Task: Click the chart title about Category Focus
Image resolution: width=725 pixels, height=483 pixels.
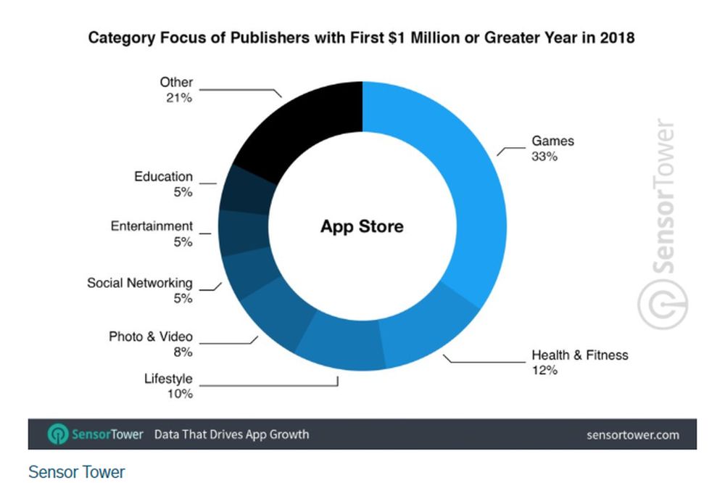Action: [x=361, y=37]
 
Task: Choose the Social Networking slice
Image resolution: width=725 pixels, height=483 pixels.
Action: [x=246, y=276]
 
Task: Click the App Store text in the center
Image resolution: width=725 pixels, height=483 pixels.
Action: [x=362, y=226]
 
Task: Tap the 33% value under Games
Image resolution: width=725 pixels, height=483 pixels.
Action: [x=544, y=156]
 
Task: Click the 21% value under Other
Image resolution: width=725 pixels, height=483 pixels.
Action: [x=178, y=98]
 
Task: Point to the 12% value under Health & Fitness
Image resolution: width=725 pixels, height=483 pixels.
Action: [x=544, y=371]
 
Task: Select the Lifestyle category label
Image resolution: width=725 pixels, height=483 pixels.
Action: [x=168, y=379]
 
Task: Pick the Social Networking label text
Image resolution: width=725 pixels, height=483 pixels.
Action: [x=140, y=283]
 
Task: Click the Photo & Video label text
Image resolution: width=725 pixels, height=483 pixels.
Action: [x=151, y=337]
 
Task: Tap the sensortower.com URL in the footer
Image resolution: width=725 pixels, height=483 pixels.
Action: [x=632, y=435]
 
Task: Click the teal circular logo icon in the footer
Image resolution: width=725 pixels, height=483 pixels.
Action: [x=58, y=434]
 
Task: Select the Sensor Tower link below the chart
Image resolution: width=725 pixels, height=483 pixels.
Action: [x=76, y=472]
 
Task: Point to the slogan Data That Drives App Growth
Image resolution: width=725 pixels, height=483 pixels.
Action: [x=231, y=434]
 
